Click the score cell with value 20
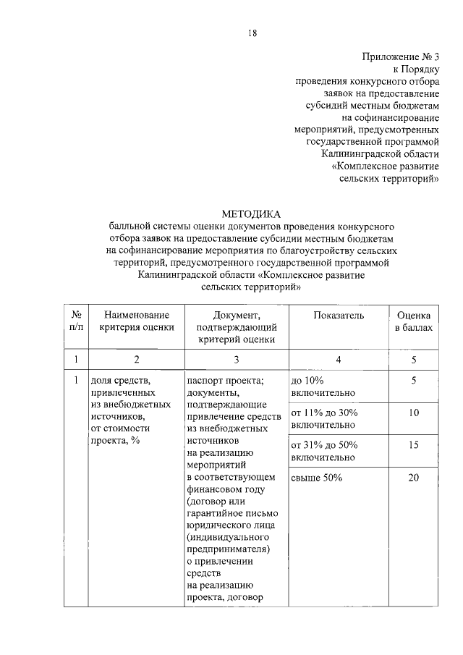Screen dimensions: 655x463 [414, 478]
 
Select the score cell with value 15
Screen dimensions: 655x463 [414, 445]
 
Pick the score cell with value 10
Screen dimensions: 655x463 [414, 413]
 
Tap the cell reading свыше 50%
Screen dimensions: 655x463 [316, 478]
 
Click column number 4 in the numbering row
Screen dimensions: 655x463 [339, 358]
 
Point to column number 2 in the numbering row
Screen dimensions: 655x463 [137, 358]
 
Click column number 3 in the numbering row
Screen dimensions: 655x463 [237, 358]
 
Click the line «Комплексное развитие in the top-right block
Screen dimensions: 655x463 [385, 165]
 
